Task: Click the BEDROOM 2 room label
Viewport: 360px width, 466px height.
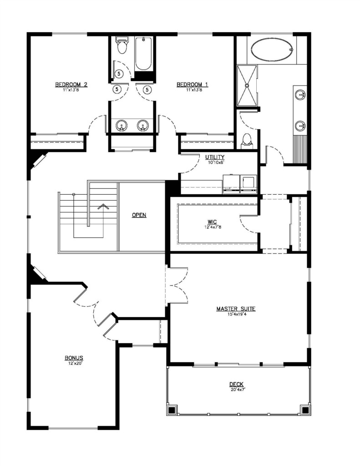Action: click(71, 85)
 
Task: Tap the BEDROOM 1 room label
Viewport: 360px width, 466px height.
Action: click(193, 85)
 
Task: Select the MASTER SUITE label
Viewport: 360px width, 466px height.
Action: click(236, 309)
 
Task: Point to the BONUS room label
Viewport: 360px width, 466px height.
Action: click(74, 358)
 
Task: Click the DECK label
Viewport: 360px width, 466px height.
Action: click(237, 385)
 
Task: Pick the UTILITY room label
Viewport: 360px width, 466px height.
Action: click(215, 157)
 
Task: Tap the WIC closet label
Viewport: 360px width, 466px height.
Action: click(212, 222)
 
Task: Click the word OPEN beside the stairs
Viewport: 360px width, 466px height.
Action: click(139, 215)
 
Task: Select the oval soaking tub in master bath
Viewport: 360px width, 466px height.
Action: click(272, 50)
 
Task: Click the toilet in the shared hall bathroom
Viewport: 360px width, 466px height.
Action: click(121, 45)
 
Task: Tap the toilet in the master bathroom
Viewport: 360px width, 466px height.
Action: click(247, 140)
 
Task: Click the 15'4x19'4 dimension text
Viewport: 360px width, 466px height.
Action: click(236, 314)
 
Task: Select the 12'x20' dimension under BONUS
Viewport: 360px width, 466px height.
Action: click(74, 363)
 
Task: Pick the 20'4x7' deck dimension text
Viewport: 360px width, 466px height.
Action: click(237, 390)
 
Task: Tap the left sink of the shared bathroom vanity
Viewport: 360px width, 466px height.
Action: click(121, 126)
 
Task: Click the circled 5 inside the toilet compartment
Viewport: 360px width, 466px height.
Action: click(119, 73)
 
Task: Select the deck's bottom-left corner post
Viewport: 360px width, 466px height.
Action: click(172, 410)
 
